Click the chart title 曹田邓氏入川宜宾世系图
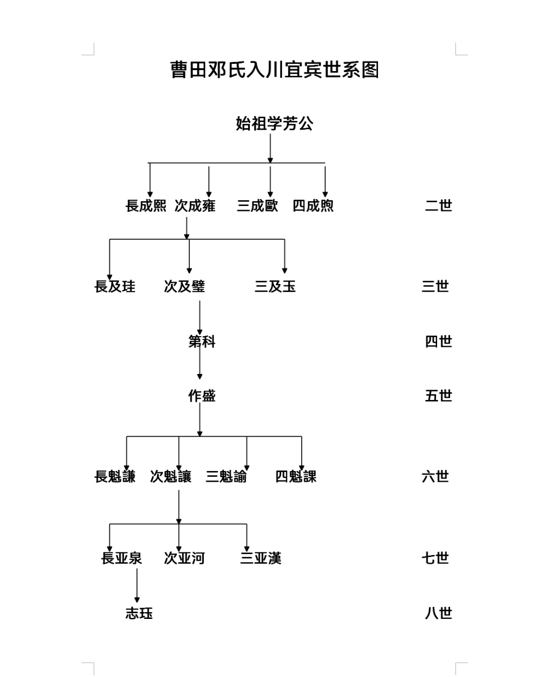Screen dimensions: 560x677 (x=274, y=70)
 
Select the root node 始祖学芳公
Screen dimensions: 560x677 (x=274, y=123)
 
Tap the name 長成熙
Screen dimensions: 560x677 (x=146, y=205)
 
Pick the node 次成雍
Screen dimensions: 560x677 (x=195, y=205)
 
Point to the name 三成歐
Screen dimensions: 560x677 (x=257, y=205)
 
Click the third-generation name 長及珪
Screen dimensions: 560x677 (x=115, y=286)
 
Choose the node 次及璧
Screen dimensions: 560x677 (x=185, y=286)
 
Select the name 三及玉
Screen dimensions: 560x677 (x=275, y=286)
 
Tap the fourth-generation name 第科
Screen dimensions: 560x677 (x=202, y=341)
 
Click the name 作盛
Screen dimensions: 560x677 (x=202, y=396)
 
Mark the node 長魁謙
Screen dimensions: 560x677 (x=115, y=477)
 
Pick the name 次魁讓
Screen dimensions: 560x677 (x=171, y=477)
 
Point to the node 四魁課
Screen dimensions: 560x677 (x=296, y=477)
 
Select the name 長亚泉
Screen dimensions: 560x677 (x=121, y=558)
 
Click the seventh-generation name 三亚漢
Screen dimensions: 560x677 (x=261, y=558)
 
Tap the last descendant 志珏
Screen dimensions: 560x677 (x=139, y=613)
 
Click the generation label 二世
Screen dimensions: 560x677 (x=439, y=205)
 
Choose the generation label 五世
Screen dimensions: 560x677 (x=439, y=396)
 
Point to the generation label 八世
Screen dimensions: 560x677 (x=439, y=613)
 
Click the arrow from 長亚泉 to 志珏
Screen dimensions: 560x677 (x=137, y=585)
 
